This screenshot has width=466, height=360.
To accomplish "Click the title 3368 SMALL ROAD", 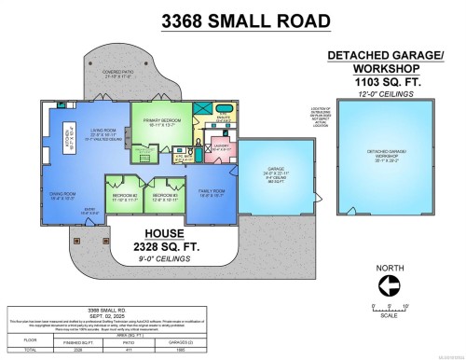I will click(232, 19).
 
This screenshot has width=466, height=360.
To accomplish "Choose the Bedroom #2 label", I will click(123, 196).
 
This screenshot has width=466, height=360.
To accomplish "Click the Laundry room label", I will click(221, 146).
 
